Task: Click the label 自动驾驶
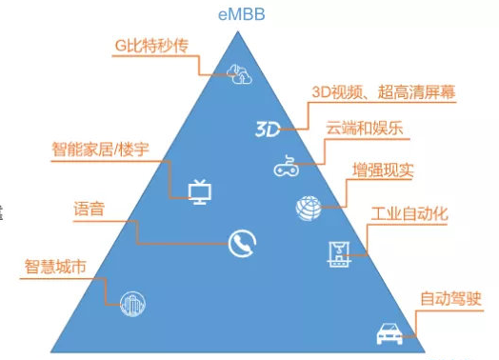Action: [450, 297]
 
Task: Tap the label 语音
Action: [89, 209]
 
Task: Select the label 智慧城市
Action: [55, 267]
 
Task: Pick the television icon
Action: [199, 191]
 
